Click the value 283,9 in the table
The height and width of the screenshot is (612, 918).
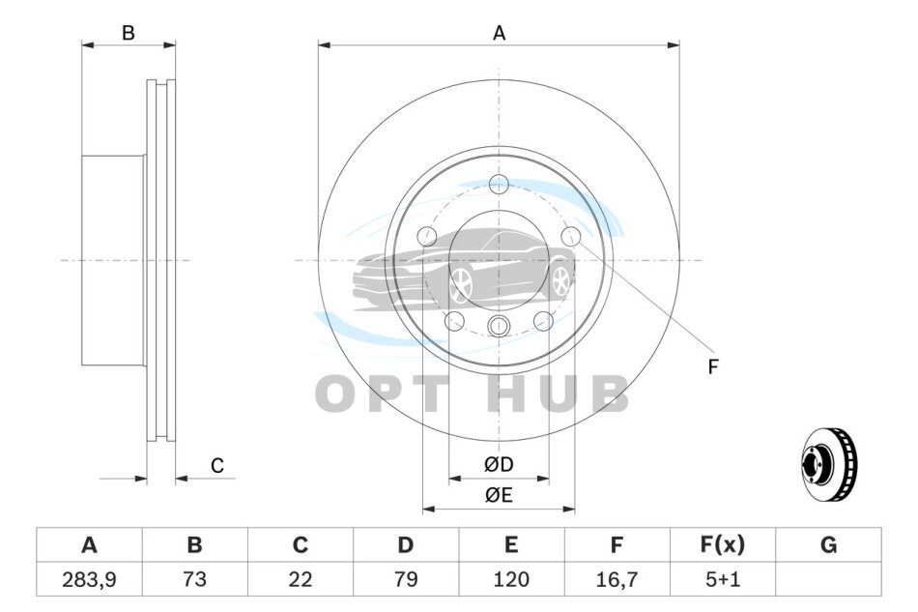(x=89, y=579)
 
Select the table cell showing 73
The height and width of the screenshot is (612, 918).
(x=194, y=579)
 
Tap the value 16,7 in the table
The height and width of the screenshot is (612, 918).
(x=617, y=579)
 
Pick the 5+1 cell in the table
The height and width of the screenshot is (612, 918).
(x=723, y=579)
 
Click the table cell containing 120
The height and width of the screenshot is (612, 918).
(x=511, y=579)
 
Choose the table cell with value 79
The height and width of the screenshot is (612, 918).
(x=405, y=579)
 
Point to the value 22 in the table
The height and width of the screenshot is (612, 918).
(x=300, y=579)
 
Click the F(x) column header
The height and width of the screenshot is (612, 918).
(x=723, y=544)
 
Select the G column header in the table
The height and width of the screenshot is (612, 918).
(x=828, y=544)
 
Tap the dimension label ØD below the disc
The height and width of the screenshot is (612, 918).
(x=499, y=464)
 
